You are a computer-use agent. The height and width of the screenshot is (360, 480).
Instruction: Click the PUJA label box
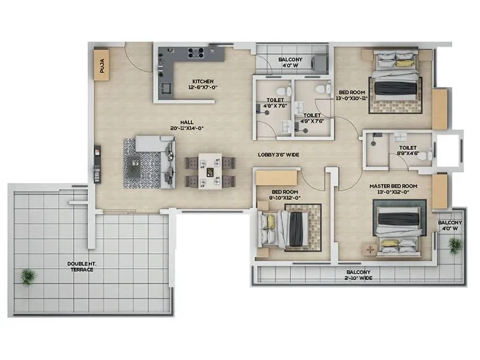101,64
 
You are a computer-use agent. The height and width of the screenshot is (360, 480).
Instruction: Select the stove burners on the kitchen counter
196,53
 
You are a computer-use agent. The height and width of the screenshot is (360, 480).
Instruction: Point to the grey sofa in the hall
157,161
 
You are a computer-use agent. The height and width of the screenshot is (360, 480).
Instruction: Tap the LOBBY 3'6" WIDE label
278,155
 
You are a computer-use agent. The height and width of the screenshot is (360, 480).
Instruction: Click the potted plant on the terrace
28,277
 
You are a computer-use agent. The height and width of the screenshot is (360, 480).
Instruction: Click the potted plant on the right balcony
455,244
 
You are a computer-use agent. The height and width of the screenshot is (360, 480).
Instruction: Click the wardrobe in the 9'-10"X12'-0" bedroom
277,178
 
